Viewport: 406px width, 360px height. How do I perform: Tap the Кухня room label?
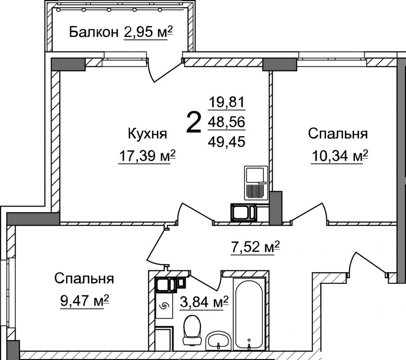(x=148, y=134)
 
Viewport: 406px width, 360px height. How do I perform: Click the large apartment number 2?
(x=194, y=123)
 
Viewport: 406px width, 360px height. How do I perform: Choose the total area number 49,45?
(x=226, y=142)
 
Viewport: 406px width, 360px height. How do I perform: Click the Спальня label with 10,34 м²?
(x=338, y=134)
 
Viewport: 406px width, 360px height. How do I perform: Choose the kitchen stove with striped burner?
(x=256, y=183)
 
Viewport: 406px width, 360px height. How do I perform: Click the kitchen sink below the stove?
(x=244, y=212)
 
